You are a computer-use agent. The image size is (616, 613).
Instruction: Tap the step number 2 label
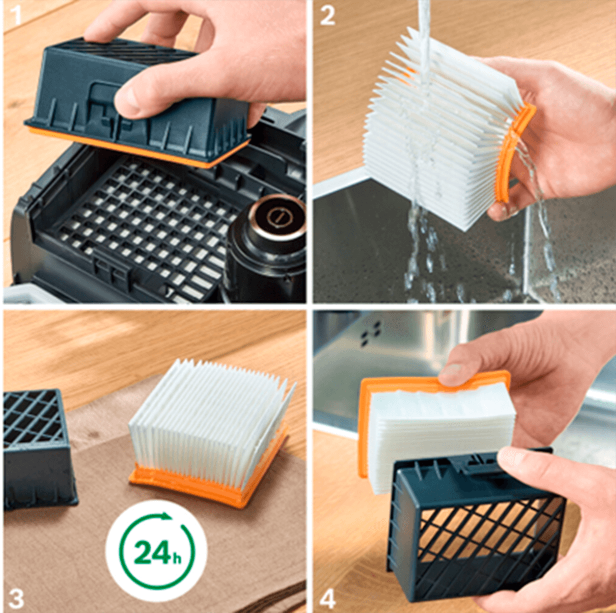point(327,15)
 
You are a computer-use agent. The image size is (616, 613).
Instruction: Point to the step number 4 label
point(327,598)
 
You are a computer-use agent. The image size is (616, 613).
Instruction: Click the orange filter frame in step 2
point(514,153)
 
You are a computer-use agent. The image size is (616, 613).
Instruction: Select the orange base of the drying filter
point(212,481)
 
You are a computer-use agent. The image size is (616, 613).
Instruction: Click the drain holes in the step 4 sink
point(371,333)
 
